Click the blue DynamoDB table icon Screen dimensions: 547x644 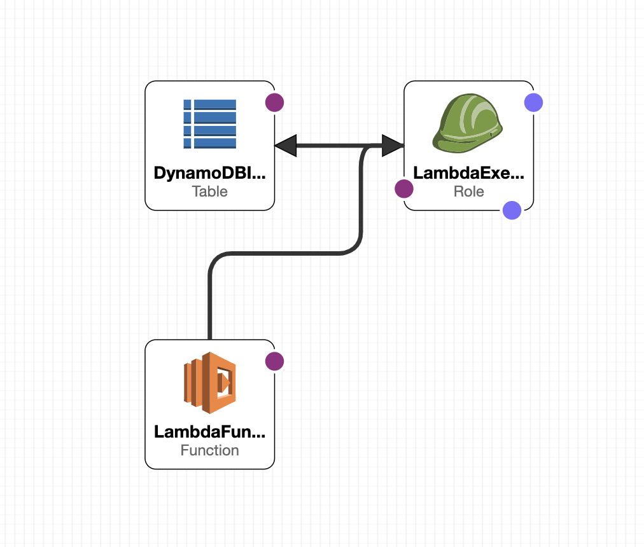[210, 124]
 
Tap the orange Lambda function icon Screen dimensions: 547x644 [210, 383]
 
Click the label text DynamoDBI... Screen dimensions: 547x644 [210, 173]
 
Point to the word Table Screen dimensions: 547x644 [210, 191]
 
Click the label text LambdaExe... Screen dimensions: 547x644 [469, 173]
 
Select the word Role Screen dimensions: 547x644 [469, 191]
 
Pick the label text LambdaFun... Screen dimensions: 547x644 [210, 432]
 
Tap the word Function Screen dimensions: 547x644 [210, 450]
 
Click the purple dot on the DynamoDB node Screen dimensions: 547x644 [274, 102]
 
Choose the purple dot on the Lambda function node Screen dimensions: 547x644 [274, 361]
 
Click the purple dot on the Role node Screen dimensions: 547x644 [404, 188]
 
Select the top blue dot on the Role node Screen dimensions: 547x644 [533, 102]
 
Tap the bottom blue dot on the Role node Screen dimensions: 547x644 [512, 210]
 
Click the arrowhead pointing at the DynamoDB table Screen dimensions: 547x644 [286, 146]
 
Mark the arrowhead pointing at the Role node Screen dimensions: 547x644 [393, 146]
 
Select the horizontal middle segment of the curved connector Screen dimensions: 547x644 [286, 254]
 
